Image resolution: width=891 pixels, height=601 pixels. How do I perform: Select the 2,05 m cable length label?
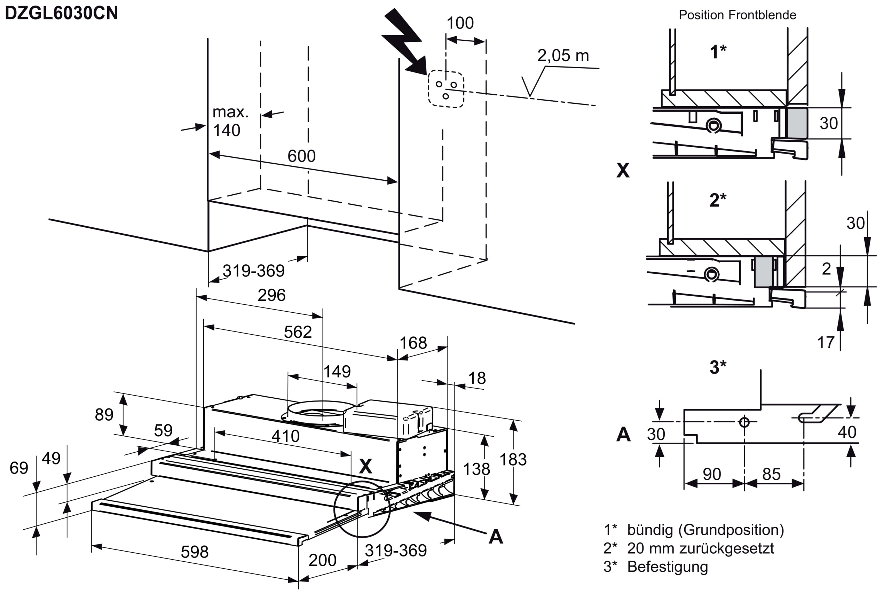pos(563,56)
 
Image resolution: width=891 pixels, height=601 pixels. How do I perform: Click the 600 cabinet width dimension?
pos(301,156)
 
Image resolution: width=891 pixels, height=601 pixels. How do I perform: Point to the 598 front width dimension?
pos(195,552)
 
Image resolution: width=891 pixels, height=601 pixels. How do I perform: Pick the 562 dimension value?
pos(298,332)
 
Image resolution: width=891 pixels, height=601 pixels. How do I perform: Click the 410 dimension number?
pos(285,436)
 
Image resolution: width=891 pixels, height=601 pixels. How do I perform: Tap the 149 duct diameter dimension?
pos(337,372)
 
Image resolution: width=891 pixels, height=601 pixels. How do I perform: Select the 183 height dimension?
pos(513,459)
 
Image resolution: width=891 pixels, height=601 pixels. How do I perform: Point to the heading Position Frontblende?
pos(738,15)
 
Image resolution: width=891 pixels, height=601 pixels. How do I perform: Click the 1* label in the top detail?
pos(718,52)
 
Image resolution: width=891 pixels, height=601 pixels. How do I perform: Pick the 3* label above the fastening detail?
pos(718,367)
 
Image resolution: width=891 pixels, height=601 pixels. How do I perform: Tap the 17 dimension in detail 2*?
pos(826,343)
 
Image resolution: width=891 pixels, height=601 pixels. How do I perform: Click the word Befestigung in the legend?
pos(668,567)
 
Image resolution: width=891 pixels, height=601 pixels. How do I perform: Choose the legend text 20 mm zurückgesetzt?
pos(701,548)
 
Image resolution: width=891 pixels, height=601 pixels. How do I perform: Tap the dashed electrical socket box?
pos(446,89)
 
